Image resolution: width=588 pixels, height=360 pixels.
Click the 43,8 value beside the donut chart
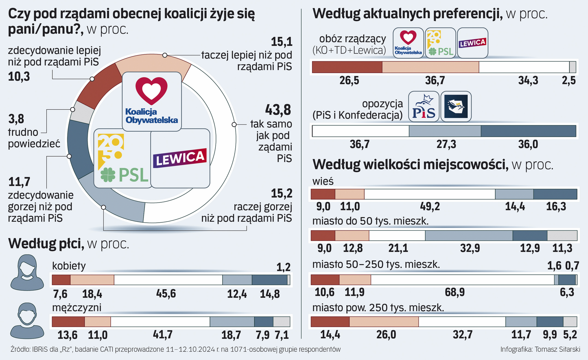[278, 110]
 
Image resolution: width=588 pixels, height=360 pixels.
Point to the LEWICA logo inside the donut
[180, 158]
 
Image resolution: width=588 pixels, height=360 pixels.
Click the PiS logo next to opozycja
[423, 107]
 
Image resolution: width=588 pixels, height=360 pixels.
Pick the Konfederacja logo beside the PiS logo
[456, 107]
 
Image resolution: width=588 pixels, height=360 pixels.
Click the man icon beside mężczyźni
[27, 320]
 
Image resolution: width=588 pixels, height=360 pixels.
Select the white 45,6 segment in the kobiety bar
[168, 280]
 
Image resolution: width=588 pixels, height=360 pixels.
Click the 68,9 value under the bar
[455, 292]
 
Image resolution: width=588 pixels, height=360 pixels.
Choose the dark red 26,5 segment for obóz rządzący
[347, 67]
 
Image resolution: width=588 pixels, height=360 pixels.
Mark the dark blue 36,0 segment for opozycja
[528, 131]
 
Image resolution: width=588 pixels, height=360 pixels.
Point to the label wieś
[323, 181]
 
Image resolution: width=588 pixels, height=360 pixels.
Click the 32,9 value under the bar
[470, 248]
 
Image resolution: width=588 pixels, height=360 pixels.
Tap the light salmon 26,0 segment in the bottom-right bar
[384, 322]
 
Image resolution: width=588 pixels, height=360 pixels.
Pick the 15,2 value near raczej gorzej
[281, 193]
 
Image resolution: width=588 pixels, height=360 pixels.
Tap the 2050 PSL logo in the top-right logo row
[440, 43]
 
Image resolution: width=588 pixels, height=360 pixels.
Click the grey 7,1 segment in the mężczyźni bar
[282, 322]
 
